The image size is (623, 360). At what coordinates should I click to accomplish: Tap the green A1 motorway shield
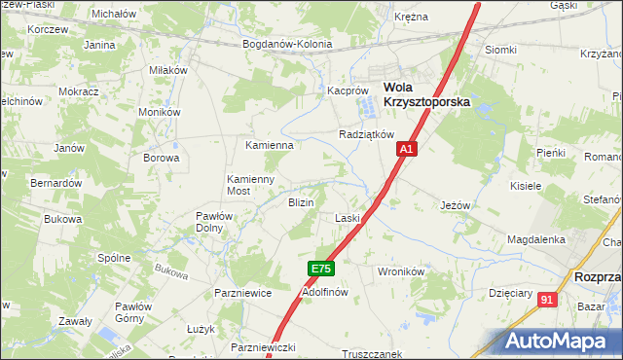[407, 149]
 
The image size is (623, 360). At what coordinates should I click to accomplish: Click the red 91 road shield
[548, 300]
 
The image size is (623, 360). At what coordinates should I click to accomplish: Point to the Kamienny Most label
[252, 185]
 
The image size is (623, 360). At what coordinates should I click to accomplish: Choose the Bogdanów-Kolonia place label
[287, 44]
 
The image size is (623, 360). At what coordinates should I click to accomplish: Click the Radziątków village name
[365, 134]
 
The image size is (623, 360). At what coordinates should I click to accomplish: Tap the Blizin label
[300, 202]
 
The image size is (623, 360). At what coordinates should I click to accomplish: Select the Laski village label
[348, 218]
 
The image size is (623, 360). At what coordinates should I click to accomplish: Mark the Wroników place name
[398, 271]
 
